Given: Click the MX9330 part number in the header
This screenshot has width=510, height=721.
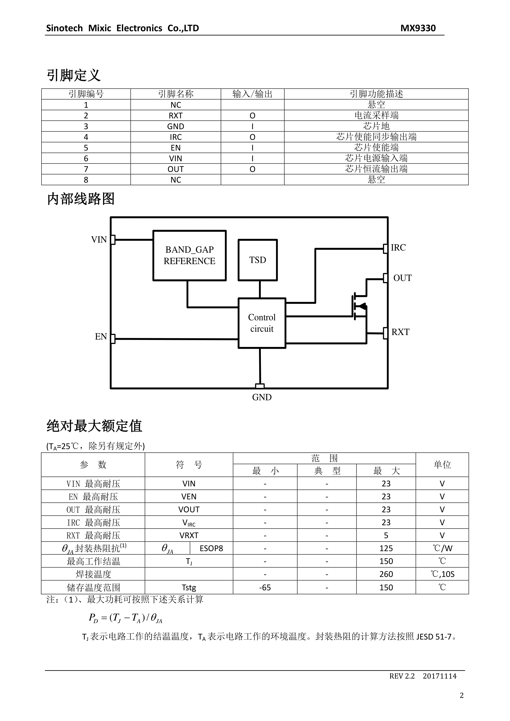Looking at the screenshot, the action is (418, 28).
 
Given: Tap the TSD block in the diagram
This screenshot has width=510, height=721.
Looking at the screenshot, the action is (258, 260).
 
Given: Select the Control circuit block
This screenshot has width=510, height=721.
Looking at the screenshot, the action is (262, 323).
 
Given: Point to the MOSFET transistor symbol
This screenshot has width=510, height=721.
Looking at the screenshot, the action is (360, 306).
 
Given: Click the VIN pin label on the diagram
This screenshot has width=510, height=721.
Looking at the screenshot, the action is (99, 240).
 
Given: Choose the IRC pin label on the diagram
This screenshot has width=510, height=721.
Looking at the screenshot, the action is (398, 247).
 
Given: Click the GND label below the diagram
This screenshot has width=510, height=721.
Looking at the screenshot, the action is (262, 397).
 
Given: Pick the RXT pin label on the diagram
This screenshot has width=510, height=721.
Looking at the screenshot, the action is (400, 332).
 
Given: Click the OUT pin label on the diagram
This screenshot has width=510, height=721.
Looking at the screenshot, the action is (402, 278).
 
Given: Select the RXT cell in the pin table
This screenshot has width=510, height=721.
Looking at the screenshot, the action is (176, 116).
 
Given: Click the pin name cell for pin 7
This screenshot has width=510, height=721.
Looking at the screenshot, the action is (176, 169).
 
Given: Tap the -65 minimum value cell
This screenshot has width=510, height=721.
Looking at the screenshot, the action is (265, 587).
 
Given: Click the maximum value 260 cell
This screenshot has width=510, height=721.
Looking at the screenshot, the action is (386, 574).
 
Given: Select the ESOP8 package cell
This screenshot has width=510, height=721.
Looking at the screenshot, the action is (211, 548).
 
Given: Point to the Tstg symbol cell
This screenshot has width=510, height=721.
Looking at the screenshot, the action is (189, 587).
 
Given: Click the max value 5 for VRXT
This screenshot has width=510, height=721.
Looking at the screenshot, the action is (386, 535).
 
